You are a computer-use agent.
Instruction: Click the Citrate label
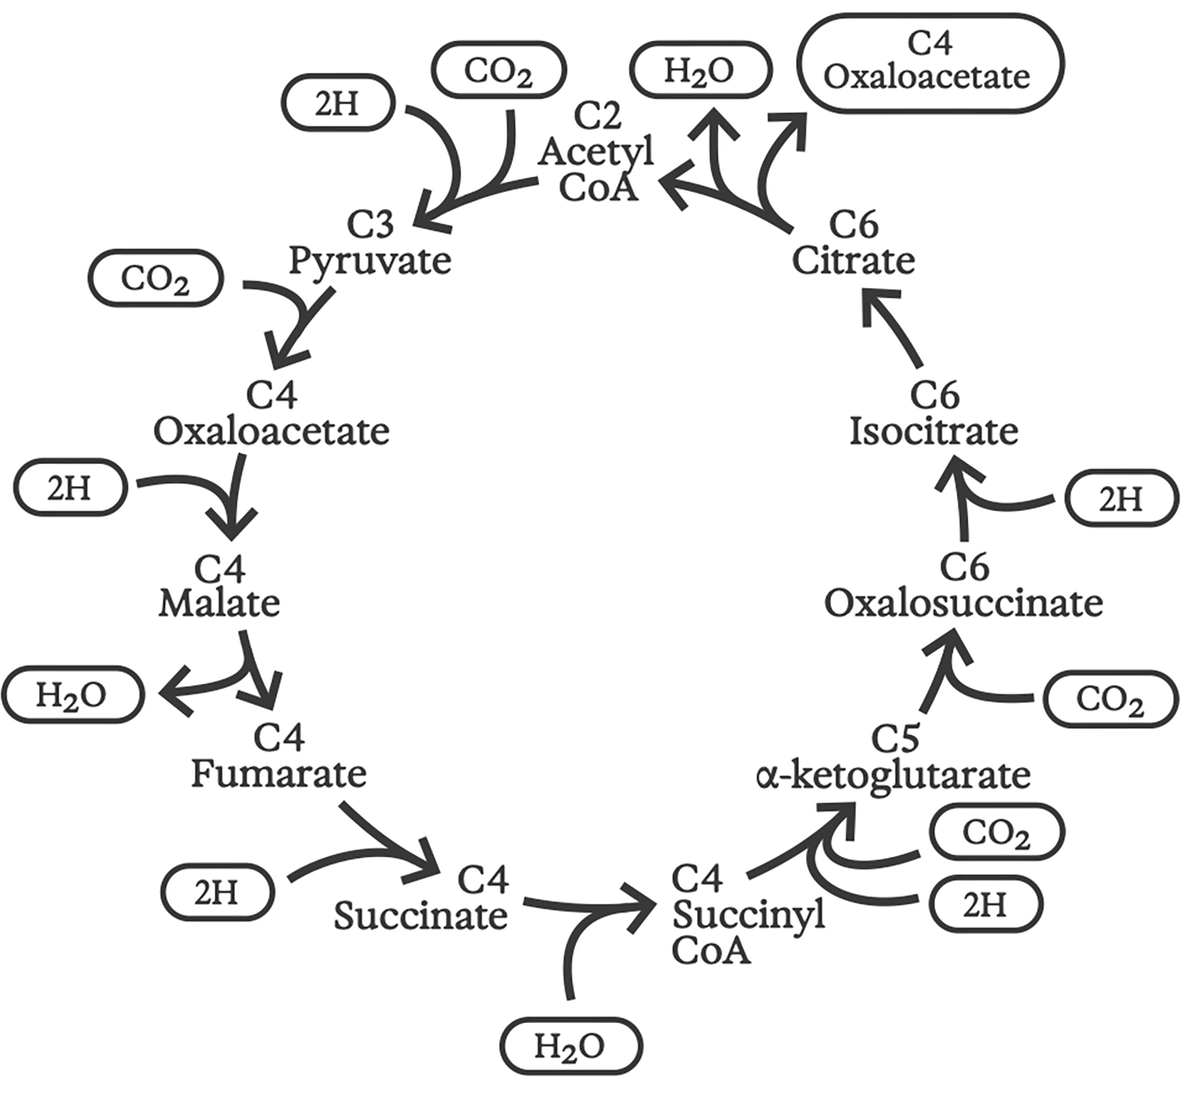coord(853,261)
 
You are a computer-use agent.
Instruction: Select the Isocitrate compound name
coord(933,432)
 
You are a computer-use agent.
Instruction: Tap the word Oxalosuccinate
coord(963,603)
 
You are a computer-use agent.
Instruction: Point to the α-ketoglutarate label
coord(893,775)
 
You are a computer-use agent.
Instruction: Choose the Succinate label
coord(421,916)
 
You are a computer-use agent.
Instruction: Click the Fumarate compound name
coord(278,774)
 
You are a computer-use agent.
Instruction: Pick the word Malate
coord(219,603)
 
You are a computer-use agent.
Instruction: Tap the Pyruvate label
coord(369,261)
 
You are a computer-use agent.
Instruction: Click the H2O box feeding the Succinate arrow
coord(570,1045)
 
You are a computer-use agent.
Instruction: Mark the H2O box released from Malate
coord(72,694)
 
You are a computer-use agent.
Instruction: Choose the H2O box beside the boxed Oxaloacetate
coord(700,70)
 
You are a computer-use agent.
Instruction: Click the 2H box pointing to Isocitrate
coord(1121,498)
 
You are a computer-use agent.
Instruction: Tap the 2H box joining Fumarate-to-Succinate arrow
coord(217,892)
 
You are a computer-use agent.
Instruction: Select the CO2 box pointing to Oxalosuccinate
coord(1110,699)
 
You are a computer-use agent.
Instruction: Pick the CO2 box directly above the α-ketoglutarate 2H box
coord(996,832)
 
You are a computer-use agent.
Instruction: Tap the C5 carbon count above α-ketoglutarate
coord(895,739)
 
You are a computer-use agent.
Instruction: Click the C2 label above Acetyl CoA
coord(598,116)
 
